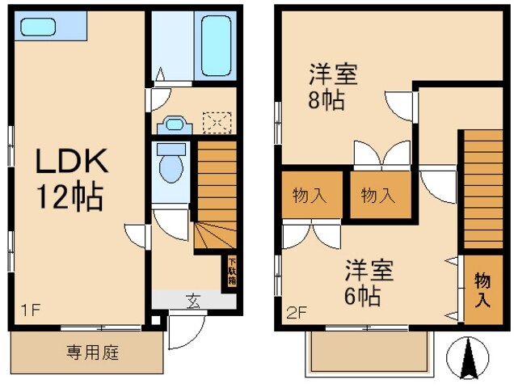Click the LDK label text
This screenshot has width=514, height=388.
coord(71,163)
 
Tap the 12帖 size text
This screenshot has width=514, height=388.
coord(68,196)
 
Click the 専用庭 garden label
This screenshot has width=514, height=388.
coord(86,352)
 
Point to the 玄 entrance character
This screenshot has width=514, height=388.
coord(194,302)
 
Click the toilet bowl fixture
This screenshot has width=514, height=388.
coord(171,166)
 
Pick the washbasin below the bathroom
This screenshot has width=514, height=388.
coord(174,124)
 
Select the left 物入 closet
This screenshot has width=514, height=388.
coord(305,194)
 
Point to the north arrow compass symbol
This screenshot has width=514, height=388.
coord(468,359)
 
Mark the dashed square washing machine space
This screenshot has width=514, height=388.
coord(217,123)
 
